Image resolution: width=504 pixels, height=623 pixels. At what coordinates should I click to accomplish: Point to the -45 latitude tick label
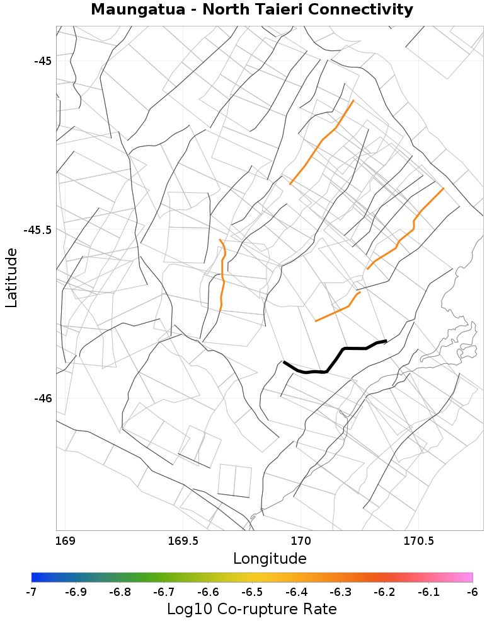(42, 61)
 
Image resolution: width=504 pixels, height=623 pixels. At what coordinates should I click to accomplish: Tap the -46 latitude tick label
(42, 398)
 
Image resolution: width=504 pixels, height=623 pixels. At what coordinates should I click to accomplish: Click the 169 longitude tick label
(65, 541)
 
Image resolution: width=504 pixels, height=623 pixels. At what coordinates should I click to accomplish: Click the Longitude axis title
(270, 559)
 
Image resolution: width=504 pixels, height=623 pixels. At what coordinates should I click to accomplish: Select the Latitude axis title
(11, 277)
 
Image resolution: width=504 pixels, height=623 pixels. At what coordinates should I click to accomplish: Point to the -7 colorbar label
(32, 593)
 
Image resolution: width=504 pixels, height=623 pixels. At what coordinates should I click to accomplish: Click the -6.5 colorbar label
(252, 593)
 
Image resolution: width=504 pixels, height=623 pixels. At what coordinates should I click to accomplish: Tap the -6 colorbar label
(472, 593)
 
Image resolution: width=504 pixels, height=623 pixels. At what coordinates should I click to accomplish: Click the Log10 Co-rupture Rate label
(251, 610)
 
